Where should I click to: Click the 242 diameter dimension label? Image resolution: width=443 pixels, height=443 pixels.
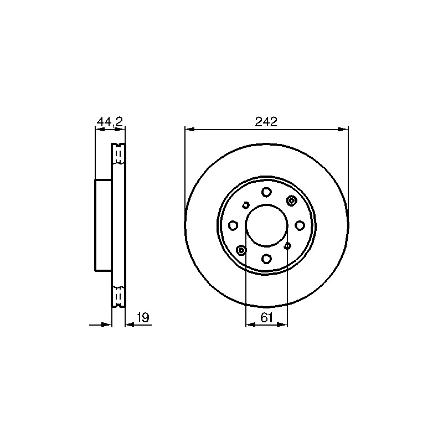coord(266,122)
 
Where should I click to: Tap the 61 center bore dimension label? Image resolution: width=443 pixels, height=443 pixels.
coord(267,318)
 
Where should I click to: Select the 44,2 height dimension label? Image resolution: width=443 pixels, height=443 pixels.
coord(110,122)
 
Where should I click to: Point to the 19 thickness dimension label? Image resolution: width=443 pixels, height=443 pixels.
coord(143,318)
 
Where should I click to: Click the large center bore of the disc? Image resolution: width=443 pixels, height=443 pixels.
coord(266,225)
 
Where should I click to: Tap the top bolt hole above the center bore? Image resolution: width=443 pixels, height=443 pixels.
coord(266,192)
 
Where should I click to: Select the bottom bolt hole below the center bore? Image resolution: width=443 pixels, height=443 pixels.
coord(266,258)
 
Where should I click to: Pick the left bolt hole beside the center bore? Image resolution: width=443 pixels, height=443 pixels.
coord(233,225)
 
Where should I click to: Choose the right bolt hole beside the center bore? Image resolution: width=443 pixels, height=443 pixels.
coord(300,225)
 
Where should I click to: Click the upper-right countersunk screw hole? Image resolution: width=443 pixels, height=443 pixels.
coord(292,200)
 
